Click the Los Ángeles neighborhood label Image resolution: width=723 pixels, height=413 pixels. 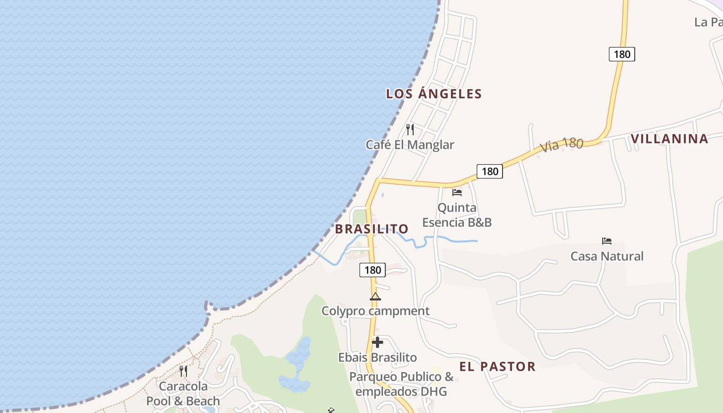point(434,94)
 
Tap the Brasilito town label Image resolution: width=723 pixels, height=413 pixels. point(372,229)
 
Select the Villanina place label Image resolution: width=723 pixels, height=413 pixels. point(669,139)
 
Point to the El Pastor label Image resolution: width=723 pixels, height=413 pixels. point(497,367)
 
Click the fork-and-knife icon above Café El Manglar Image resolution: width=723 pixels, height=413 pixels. point(410,129)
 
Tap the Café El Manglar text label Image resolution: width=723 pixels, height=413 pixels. point(410,145)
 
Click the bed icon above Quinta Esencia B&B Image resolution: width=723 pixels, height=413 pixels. point(457,193)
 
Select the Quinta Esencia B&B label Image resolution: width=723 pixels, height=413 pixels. point(457,215)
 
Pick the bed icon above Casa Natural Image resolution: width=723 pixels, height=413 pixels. point(607,241)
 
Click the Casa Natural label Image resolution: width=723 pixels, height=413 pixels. point(607,257)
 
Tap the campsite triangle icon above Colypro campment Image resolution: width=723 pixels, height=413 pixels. point(375,297)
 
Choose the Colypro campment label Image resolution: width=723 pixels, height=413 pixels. point(375,311)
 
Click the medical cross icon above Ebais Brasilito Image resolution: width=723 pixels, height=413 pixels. point(378,342)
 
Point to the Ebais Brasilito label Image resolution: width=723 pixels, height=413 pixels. point(378,358)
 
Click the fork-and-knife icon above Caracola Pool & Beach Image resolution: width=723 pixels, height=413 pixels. point(183,371)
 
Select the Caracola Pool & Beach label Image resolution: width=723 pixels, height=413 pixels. point(183,394)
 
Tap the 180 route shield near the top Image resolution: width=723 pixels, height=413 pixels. point(622,54)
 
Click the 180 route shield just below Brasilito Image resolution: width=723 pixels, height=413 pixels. point(372,270)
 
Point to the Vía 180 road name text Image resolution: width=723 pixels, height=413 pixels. point(562,145)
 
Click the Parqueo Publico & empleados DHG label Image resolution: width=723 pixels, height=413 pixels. point(401,384)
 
